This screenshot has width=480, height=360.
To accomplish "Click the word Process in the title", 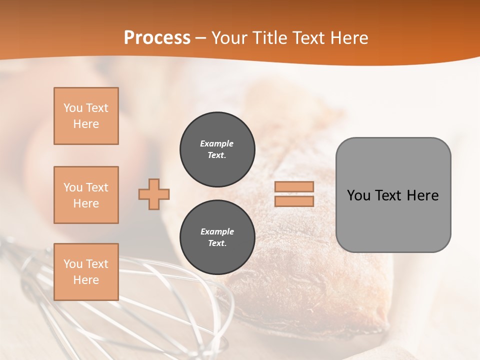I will [x=157, y=38].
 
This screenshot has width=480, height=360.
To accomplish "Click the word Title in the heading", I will [x=269, y=38].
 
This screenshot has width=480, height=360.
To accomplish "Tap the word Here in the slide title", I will [x=349, y=38].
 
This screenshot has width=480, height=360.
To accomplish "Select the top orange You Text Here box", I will [x=86, y=116].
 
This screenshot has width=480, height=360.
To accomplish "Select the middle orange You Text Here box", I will [x=86, y=195].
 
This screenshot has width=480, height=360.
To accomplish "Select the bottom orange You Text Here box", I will [x=86, y=271].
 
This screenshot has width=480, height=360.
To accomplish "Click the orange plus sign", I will [x=154, y=194].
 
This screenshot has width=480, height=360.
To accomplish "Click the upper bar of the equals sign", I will [x=294, y=186].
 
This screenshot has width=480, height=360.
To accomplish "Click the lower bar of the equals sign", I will [x=294, y=201].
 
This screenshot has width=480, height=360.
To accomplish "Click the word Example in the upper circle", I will [x=217, y=143].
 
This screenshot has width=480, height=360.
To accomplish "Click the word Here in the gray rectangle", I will [x=422, y=195].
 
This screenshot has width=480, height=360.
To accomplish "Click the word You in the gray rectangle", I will [x=358, y=195].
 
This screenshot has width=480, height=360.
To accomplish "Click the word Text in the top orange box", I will [x=97, y=108].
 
